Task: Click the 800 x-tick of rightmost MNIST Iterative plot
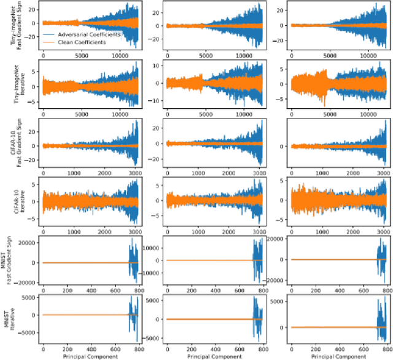[x=387, y=346]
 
